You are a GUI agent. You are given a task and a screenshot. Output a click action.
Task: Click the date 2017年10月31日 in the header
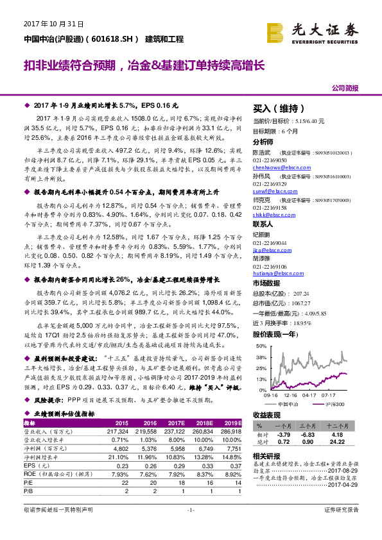(x=46, y=24)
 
